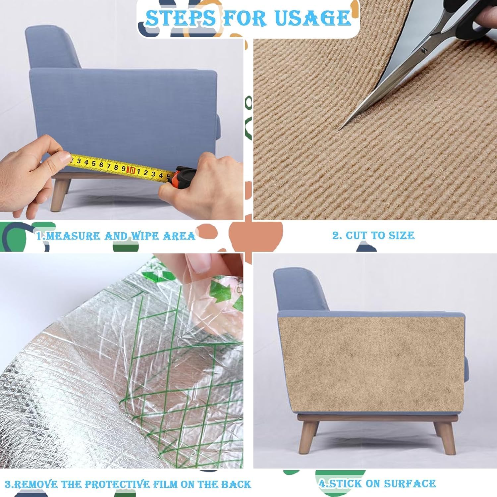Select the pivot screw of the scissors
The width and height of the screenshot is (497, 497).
coord(423,50)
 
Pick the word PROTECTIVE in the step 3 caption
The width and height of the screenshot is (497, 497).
coord(118,484)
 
